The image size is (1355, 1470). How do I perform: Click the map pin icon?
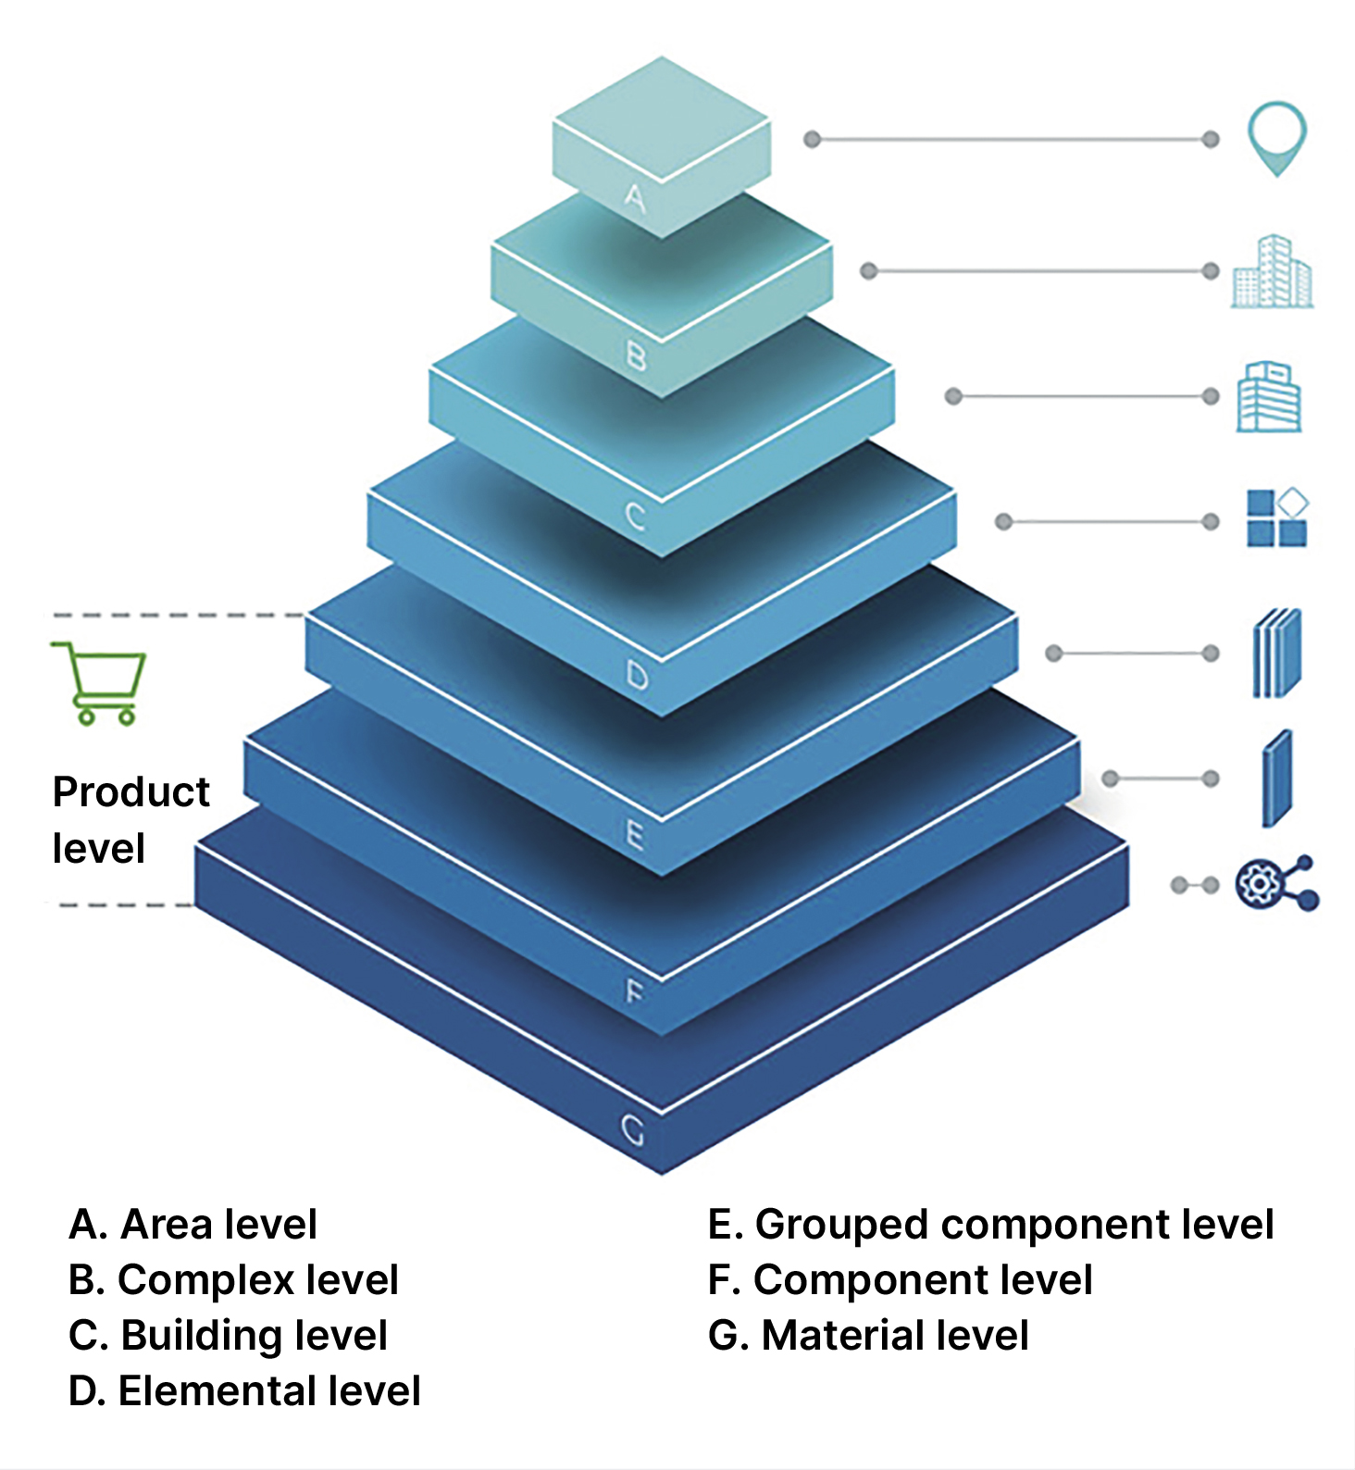pos(1276,137)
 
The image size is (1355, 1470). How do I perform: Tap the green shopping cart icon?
pos(99,682)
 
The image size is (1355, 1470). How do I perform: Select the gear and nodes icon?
pos(1276,883)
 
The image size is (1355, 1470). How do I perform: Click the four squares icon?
pos(1276,518)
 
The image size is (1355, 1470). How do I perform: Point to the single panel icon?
pos(1277,779)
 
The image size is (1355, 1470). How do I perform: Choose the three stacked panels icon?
pos(1277,653)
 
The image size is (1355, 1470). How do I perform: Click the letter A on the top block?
pos(635,197)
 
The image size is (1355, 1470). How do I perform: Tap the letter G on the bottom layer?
pos(633,1130)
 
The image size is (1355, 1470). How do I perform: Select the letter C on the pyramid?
pos(635,516)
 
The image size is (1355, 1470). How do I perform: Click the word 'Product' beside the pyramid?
pos(131,792)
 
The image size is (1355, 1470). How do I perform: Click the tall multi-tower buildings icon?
pos(1273,271)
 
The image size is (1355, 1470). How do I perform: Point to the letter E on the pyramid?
pos(635,835)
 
